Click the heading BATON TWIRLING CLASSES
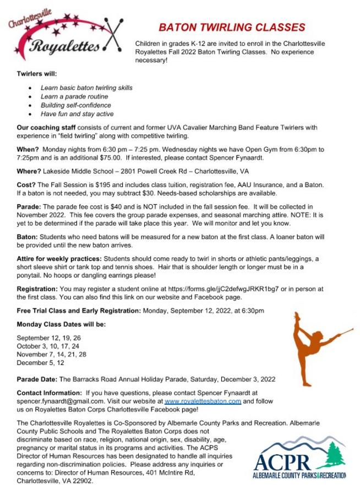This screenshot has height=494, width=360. click(232, 28)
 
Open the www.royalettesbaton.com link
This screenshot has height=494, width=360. click(203, 401)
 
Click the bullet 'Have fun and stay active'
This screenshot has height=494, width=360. click(77, 114)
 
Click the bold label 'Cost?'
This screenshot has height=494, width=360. click(26, 184)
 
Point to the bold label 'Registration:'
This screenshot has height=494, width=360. click(36, 289)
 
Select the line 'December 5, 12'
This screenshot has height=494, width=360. click(40, 363)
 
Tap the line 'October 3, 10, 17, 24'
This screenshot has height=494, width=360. click(48, 346)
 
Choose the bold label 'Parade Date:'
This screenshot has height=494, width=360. click(37, 379)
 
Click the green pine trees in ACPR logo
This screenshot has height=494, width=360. click(332, 455)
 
